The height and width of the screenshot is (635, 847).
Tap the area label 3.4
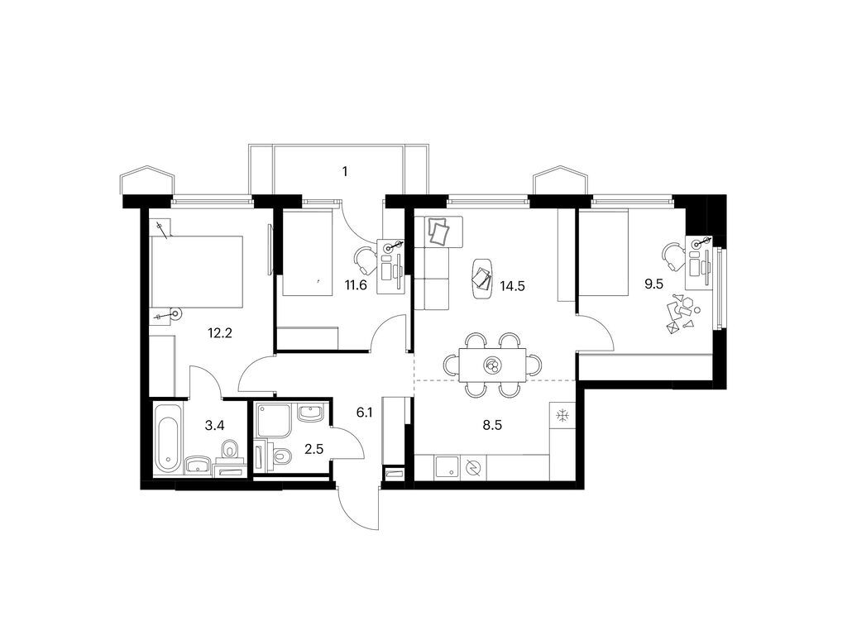[x=214, y=427]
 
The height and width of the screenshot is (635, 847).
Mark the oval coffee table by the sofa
[x=482, y=277]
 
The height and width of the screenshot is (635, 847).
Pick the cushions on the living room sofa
[x=439, y=232]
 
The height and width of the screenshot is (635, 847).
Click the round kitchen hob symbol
[x=472, y=467]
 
